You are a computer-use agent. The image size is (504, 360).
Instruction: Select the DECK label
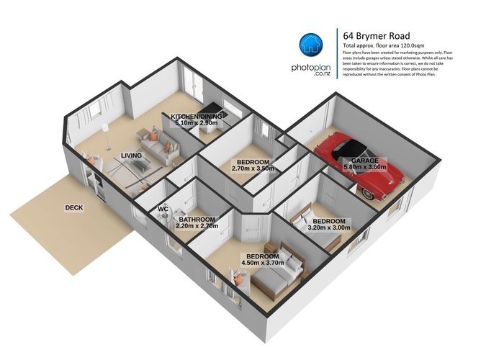tap(74, 207)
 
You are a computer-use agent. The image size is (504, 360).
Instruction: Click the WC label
tap(163, 210)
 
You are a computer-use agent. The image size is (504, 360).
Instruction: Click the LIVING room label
tap(131, 155)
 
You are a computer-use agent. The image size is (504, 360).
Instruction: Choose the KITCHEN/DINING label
tap(197, 116)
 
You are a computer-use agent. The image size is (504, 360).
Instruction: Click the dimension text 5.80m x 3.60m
tap(364, 168)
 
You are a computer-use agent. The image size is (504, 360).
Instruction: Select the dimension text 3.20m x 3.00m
tap(329, 228)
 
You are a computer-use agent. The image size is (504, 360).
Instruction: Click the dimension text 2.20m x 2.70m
tap(197, 226)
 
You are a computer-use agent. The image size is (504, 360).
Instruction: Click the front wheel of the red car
tap(372, 193)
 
